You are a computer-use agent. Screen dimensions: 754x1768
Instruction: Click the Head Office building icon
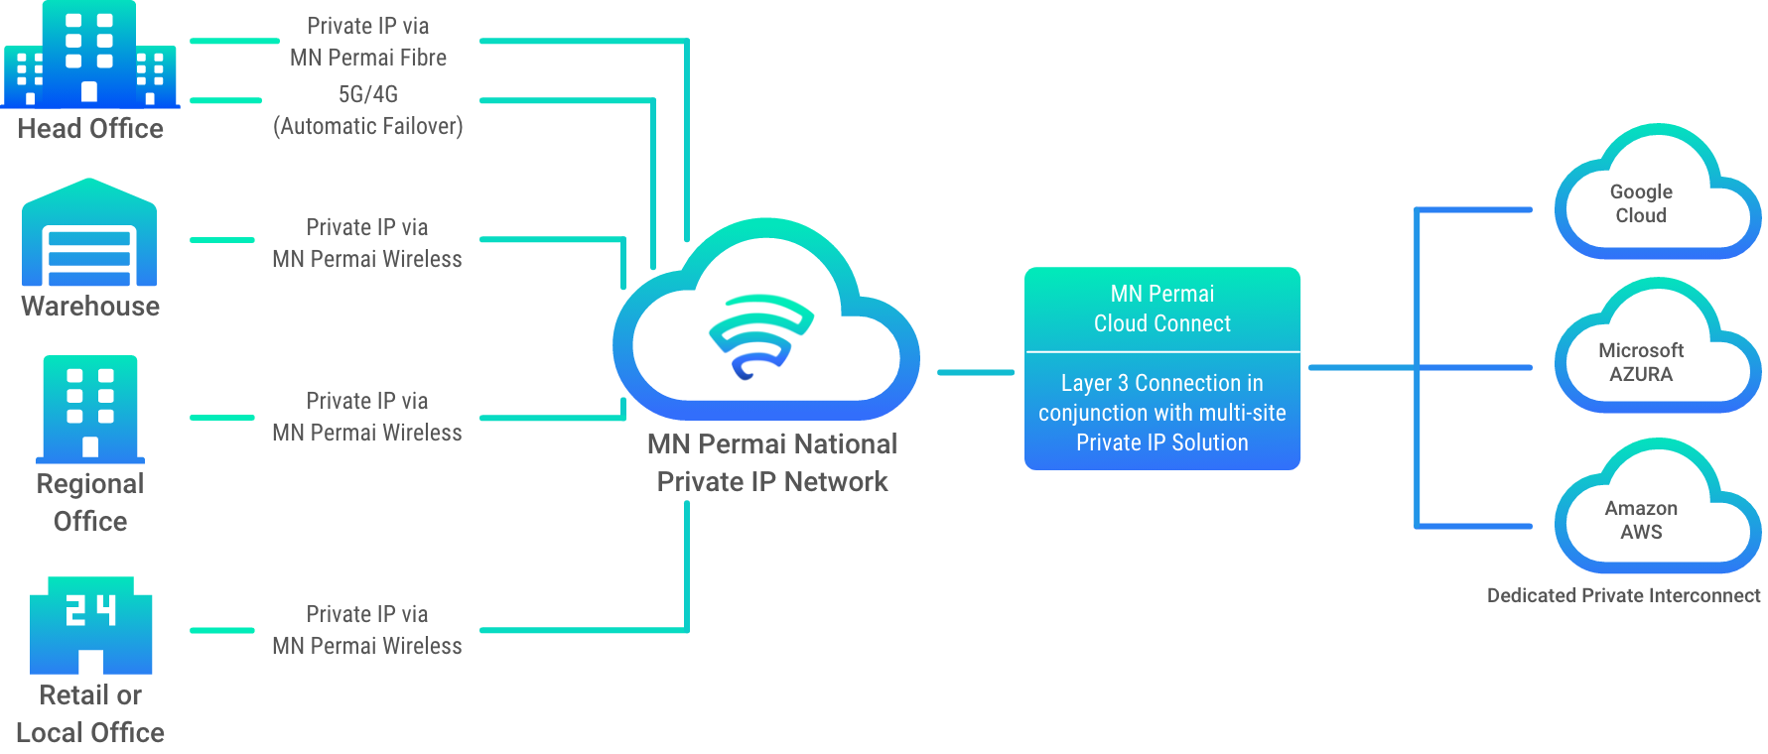89,55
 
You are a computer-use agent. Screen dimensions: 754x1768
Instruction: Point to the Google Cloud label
1641,203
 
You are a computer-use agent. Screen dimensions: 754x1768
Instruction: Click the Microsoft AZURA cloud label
1641,362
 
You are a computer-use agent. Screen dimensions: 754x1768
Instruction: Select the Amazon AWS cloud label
1641,520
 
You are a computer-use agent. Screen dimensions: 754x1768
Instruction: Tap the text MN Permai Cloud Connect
1161,309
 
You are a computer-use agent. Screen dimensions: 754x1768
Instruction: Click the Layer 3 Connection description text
1161,413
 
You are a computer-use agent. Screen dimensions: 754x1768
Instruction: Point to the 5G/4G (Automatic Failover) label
368,110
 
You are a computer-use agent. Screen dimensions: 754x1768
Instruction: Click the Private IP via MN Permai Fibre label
368,42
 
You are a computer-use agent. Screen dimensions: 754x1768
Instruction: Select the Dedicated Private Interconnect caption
1623,595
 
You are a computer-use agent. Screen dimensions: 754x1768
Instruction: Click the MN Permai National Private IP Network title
772,462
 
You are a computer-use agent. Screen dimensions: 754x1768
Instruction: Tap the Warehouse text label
90,306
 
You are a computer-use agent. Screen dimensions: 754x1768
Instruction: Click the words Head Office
90,129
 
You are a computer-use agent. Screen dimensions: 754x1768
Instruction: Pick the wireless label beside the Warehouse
367,243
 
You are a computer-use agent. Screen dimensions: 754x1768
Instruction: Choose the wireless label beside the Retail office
367,630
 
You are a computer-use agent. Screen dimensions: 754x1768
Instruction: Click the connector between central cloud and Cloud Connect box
975,373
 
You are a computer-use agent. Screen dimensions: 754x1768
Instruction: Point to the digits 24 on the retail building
90,610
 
